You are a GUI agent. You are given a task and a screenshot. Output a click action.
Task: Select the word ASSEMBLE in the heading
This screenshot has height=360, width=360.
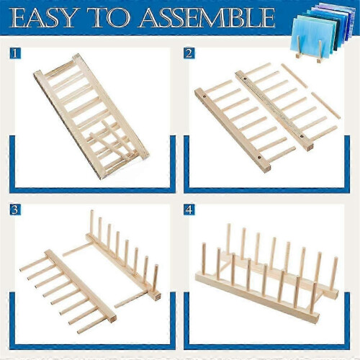(207, 17)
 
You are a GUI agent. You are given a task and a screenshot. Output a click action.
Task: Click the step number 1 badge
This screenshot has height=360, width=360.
(15, 53)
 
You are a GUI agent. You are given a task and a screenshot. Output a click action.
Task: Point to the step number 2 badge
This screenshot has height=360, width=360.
(189, 53)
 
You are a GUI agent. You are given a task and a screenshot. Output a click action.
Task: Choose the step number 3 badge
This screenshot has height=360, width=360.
(15, 210)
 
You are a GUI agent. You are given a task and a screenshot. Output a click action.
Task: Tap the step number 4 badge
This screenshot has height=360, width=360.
(189, 210)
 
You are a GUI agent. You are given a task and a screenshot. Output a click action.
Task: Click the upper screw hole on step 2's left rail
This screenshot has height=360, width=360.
(204, 96)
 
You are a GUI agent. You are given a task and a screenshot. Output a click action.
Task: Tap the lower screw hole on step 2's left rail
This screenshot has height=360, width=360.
(259, 158)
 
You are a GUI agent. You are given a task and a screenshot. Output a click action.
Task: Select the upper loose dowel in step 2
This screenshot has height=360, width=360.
(294, 76)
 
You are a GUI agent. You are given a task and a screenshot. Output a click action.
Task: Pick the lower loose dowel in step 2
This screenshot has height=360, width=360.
(325, 106)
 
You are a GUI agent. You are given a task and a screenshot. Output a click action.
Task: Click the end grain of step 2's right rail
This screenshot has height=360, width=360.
(310, 147)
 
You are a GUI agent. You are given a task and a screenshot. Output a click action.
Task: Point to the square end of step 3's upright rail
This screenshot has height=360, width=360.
(157, 296)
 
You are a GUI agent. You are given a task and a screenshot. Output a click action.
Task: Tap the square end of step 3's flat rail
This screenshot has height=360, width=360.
(112, 319)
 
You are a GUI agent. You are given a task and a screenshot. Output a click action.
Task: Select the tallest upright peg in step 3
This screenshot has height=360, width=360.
(91, 222)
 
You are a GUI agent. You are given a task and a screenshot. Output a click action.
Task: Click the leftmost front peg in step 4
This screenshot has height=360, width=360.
(204, 258)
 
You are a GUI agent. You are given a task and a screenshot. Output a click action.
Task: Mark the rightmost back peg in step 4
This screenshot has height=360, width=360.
(333, 274)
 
